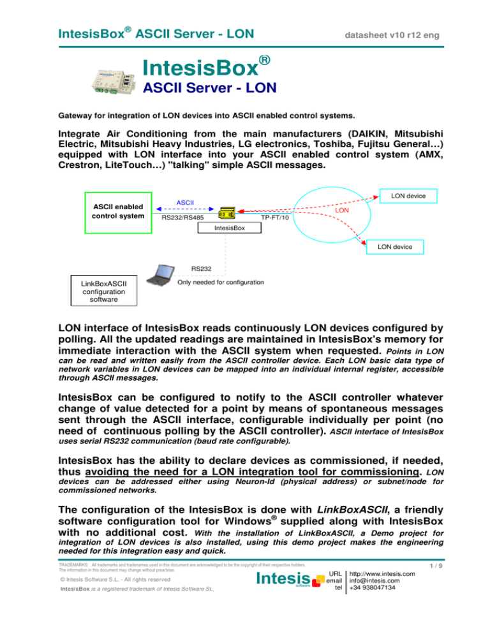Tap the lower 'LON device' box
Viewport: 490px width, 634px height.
tap(394, 246)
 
